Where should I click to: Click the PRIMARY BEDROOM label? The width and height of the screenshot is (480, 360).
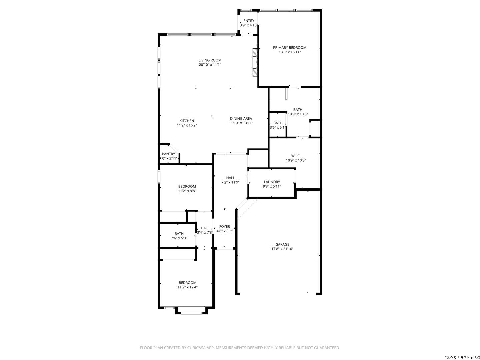point(289,47)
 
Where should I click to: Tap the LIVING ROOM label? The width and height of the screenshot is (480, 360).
point(210,60)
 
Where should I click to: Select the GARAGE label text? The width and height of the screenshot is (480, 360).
point(282,244)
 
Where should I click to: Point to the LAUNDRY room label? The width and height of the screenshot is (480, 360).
point(272,182)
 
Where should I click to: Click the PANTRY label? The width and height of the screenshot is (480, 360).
point(168,154)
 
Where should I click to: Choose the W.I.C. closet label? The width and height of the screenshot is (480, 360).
point(296,156)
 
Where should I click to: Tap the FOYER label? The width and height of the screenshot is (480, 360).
point(224,226)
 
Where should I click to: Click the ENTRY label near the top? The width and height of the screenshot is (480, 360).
point(249,21)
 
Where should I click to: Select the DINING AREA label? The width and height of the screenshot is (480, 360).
point(241,118)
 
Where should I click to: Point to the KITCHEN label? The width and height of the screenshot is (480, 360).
point(187,121)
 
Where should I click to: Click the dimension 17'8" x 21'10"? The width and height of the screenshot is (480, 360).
point(282,249)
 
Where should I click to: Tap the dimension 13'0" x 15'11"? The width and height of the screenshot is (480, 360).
point(289,52)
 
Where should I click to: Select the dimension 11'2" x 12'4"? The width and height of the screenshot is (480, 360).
point(187,287)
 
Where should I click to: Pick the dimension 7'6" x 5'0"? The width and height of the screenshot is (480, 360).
point(179,238)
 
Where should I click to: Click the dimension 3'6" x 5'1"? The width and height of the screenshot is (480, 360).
point(278,127)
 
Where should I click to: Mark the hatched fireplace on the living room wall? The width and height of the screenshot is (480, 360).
point(255,62)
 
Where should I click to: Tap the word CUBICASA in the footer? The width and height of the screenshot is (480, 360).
point(196,348)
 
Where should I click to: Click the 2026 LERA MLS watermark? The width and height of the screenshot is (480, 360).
point(462,357)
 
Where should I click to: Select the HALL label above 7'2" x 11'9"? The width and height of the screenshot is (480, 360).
point(230,178)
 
